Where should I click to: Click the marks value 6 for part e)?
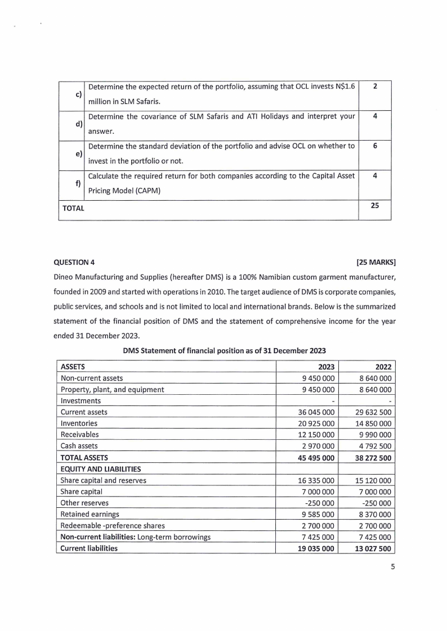tap(374, 146)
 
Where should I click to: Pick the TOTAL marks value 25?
tap(374, 206)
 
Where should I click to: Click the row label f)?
tap(79, 183)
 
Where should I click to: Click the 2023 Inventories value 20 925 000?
tap(315, 423)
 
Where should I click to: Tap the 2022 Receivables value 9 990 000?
tap(374, 434)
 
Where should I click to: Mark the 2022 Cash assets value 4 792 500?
tap(374, 446)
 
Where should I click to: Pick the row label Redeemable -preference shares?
tap(113, 525)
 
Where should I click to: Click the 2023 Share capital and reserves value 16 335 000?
tap(315, 480)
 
